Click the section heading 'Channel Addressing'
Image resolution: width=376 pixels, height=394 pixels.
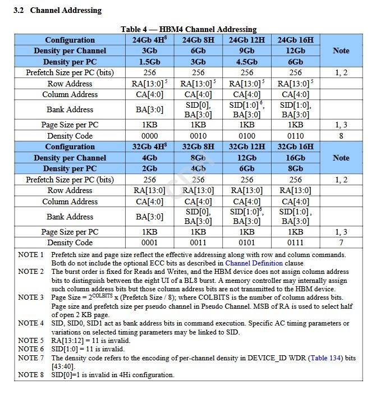66,10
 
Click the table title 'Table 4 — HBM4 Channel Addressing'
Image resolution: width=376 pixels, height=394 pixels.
188,29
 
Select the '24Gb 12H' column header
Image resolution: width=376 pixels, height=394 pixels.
247,40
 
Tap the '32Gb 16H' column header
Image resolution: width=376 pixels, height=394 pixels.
295,146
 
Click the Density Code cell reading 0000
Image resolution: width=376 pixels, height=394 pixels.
150,136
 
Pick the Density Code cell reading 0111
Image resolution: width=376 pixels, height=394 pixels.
295,242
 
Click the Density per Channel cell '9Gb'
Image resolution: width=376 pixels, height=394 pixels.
247,51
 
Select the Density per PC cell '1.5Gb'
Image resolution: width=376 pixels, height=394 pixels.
150,62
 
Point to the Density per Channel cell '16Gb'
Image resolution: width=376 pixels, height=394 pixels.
295,158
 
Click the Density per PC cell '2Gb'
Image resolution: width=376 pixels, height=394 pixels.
150,168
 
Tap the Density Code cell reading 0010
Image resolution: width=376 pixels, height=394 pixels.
198,136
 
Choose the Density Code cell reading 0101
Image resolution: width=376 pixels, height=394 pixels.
247,242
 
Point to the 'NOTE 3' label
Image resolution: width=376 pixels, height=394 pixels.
31,297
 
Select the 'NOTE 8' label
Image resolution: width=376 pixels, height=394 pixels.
31,375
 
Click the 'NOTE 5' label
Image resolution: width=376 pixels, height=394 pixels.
31,341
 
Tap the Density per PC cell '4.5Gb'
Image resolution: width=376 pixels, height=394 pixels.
247,62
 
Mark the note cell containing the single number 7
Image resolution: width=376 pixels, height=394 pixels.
341,242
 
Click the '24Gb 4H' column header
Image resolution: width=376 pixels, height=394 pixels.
150,40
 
